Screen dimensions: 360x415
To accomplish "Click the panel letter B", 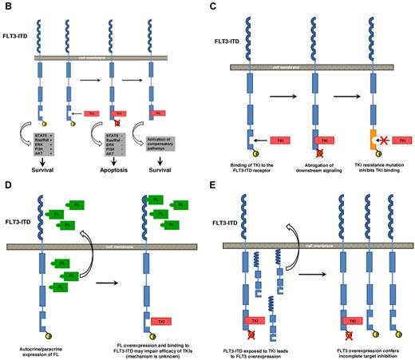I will pos(6,7).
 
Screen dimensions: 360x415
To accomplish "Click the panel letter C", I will pos(226,7).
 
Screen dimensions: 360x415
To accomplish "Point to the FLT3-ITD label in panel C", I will pos(240,38).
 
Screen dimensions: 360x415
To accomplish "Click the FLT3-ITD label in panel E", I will pos(239,220).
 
